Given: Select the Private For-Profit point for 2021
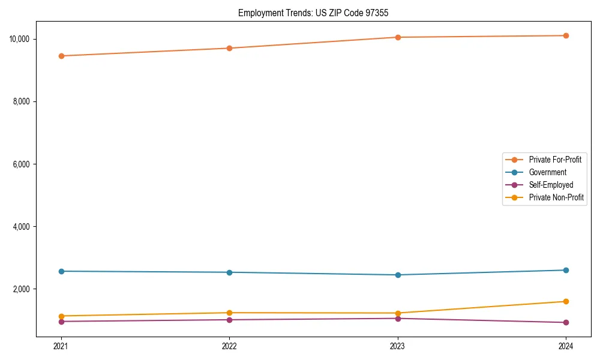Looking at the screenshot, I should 61,56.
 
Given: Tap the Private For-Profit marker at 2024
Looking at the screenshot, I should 566,35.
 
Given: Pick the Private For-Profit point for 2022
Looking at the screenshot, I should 229,48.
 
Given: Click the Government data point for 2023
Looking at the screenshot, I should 398,275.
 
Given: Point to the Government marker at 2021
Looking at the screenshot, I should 61,271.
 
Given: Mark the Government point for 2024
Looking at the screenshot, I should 566,270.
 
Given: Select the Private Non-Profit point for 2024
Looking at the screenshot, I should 566,301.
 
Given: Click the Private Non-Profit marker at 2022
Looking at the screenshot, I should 229,313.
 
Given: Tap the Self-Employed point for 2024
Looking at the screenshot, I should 566,322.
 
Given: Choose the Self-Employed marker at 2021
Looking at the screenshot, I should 61,321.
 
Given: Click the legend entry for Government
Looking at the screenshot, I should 547,172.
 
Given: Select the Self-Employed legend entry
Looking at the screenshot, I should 551,185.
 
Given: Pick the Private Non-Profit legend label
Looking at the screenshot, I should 556,197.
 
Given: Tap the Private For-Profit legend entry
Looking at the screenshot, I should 555,160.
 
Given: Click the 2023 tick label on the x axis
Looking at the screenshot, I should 398,346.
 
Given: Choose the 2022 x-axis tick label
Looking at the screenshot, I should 229,346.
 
